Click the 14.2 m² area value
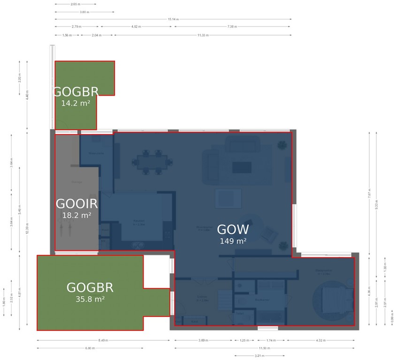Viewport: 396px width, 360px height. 76,103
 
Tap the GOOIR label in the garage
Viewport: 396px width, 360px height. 76,204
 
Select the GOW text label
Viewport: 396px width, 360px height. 233,230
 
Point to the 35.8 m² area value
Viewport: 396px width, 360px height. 90,299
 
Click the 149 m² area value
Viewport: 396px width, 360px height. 233,241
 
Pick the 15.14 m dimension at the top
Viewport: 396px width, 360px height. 173,19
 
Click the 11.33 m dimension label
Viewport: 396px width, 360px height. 203,35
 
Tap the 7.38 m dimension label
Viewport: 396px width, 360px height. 232,27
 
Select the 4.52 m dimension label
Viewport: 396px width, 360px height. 137,27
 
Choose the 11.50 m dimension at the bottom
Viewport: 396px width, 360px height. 264,348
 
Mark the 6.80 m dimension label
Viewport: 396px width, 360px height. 90,348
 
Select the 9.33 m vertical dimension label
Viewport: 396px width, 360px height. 376,204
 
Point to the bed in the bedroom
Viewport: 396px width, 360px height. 335,299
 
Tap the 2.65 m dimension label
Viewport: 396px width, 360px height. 75,4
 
